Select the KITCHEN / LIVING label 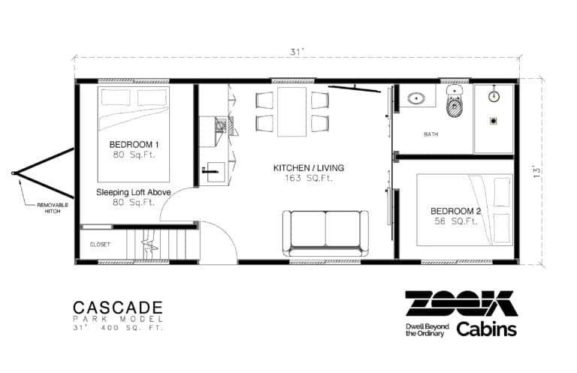[x=304, y=168]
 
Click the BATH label [x=430, y=134]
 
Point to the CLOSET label [x=100, y=244]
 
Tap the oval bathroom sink [x=415, y=98]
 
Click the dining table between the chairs [x=292, y=112]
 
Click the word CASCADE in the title [x=117, y=307]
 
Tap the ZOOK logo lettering [x=461, y=303]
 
